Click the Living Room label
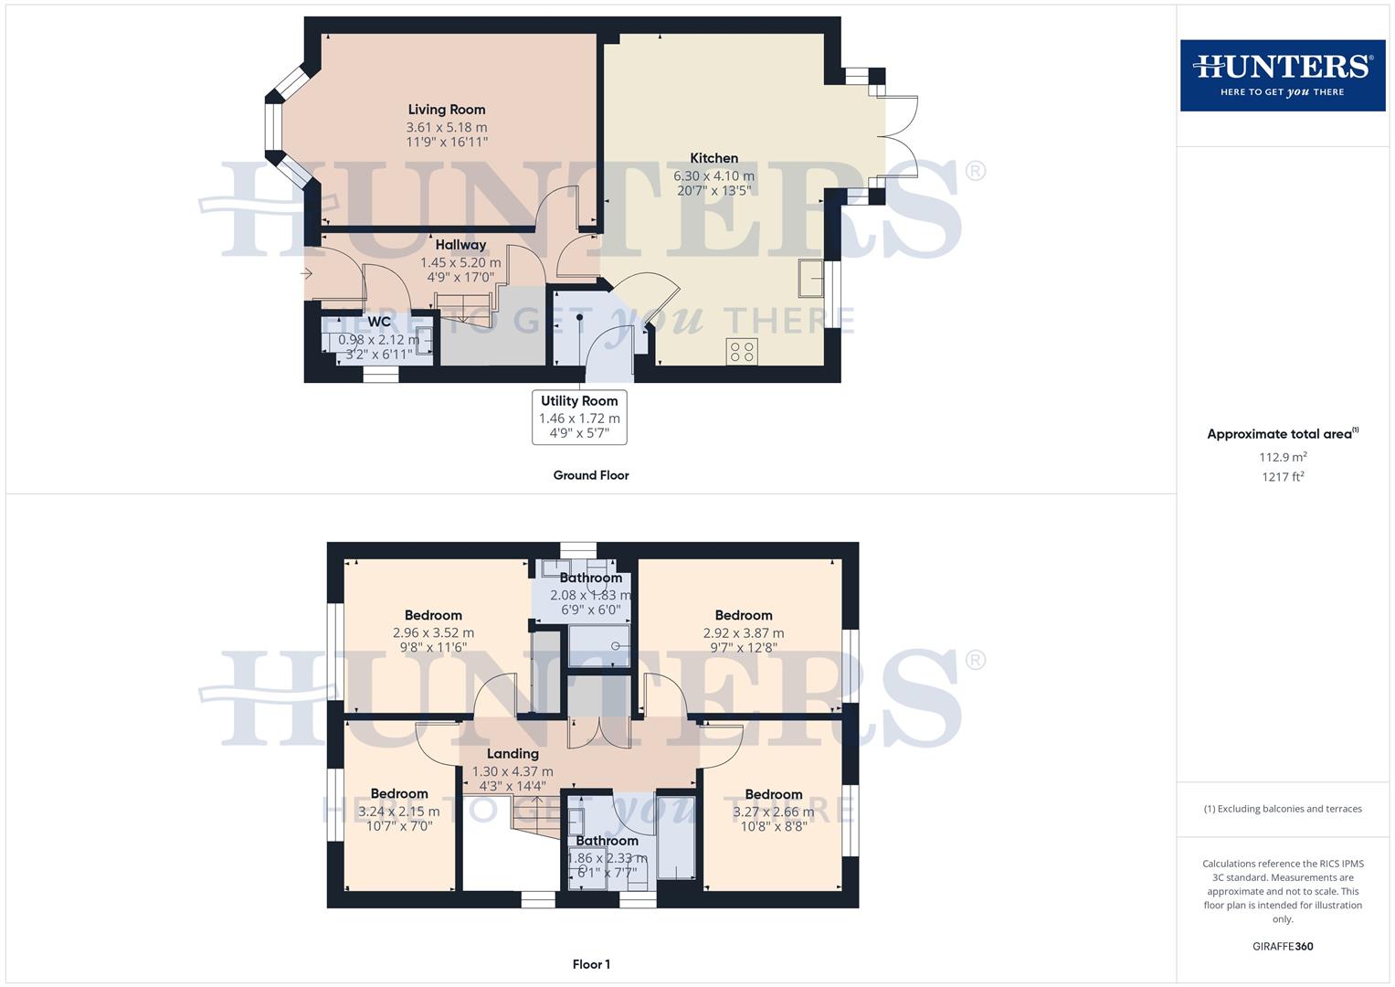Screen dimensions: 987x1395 (447, 110)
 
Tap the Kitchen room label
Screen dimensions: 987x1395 (713, 158)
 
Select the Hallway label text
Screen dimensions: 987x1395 (460, 245)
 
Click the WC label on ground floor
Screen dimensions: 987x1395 (379, 322)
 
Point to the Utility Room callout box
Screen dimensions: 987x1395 (579, 417)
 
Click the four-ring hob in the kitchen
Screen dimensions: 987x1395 (742, 351)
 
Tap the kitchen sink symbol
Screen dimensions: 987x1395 (808, 278)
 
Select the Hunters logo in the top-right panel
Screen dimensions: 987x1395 (1282, 75)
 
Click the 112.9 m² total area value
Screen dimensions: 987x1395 (1283, 457)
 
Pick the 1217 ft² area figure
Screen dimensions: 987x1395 (1283, 477)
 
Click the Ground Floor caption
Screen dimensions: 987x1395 (591, 475)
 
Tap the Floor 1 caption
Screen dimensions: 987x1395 (591, 964)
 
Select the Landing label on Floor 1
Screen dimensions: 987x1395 (513, 754)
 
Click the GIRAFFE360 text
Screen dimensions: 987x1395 (1283, 947)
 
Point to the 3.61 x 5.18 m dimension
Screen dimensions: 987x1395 (447, 128)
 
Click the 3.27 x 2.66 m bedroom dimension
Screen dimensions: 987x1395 (773, 812)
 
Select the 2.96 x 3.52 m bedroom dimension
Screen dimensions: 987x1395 (433, 632)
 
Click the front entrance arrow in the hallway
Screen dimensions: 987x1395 (307, 273)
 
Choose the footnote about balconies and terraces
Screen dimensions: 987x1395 (1283, 809)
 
